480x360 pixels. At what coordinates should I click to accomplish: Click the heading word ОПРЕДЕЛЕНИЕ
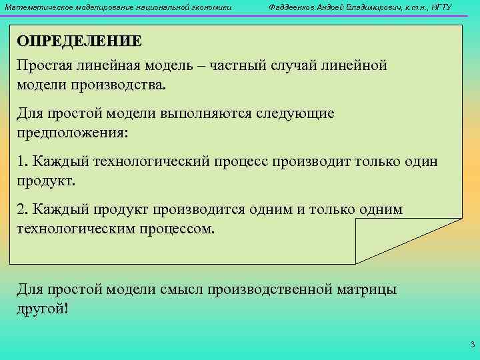(79, 41)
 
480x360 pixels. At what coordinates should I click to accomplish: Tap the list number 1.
(22, 161)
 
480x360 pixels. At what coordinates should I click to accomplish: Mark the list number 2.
(22, 209)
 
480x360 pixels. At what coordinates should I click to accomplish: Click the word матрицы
(367, 289)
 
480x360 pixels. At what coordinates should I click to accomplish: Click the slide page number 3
(472, 345)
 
